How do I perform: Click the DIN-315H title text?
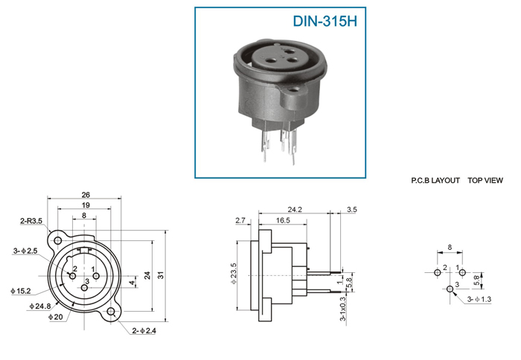[325, 22]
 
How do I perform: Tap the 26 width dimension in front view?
[86, 195]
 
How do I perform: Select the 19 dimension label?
[86, 205]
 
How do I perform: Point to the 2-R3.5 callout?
[31, 221]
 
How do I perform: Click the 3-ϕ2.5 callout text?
[25, 251]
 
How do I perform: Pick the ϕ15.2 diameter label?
[21, 291]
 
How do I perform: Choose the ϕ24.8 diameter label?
[40, 306]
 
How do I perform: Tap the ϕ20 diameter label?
[56, 317]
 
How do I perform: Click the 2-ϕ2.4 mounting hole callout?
[144, 330]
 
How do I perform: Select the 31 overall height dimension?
[161, 275]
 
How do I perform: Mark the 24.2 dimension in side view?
[295, 210]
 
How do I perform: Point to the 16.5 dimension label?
[283, 220]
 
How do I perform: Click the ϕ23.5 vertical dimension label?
[234, 273]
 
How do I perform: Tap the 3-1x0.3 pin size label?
[342, 309]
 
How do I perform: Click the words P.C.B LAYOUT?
[435, 180]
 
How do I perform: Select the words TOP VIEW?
[485, 180]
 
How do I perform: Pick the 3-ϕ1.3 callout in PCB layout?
[479, 299]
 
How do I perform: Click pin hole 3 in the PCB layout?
[450, 289]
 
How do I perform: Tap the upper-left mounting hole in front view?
[58, 240]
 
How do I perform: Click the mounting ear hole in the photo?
[293, 90]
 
